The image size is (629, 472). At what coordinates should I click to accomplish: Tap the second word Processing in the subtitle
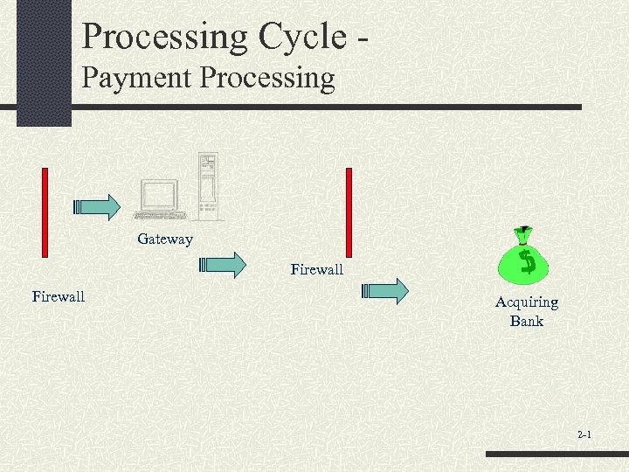point(267,78)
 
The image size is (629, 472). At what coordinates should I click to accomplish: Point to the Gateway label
point(164,239)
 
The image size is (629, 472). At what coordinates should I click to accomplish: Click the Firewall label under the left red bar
point(59,296)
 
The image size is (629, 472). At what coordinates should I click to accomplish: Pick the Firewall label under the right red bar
point(317,269)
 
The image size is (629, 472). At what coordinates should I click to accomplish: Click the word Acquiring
point(527,302)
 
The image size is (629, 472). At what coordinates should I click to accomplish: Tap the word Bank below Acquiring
point(527,321)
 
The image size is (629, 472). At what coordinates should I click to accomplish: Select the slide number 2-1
point(584,434)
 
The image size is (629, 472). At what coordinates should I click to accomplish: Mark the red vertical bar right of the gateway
point(349,211)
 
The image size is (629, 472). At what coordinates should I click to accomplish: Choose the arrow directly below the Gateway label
point(224,265)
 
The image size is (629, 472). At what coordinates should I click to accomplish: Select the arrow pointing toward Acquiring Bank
point(386,291)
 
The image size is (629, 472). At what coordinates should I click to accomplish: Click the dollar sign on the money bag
point(527,260)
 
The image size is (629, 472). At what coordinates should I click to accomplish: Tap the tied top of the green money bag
point(522,233)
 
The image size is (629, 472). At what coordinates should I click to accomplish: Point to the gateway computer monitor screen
point(160,196)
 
